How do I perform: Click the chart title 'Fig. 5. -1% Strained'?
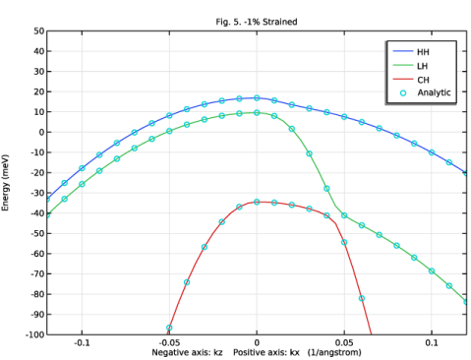257,22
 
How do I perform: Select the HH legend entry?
411,52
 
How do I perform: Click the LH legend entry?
411,66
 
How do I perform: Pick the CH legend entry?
411,80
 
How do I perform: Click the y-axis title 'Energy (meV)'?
5,183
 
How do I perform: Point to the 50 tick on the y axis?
38,31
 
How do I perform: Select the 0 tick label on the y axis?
41,132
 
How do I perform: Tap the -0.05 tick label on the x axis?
169,343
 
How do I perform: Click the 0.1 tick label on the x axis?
432,343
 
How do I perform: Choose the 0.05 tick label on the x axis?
344,343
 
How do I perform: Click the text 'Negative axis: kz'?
187,352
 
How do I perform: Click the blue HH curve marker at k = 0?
257,98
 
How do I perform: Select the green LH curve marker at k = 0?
257,113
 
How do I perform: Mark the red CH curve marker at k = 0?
257,202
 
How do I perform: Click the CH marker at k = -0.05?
169,328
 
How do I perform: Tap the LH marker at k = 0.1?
432,271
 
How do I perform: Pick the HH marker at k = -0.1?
82,168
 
